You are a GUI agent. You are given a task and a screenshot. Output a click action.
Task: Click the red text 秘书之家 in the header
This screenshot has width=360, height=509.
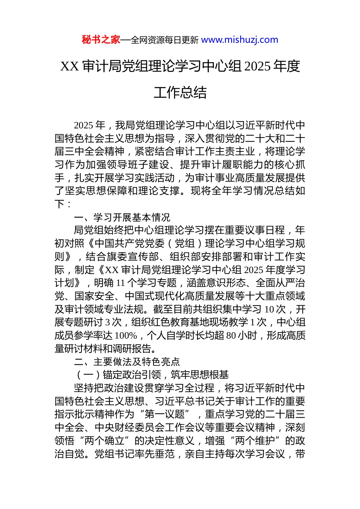click(101, 40)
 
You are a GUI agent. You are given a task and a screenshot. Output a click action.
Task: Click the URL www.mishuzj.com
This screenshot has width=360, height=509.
click(239, 40)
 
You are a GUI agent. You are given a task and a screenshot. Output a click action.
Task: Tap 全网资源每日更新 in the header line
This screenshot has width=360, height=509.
click(164, 40)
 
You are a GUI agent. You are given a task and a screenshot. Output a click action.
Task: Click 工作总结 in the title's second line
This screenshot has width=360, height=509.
click(180, 93)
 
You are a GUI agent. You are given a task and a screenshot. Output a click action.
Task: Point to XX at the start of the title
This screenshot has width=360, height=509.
click(69, 67)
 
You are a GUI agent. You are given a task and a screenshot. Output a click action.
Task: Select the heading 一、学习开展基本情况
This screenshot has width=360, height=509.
click(122, 217)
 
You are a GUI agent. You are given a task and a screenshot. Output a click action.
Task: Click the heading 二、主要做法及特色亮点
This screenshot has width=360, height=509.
click(127, 362)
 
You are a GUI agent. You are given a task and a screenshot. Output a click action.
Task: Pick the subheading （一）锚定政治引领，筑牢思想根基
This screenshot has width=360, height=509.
click(152, 375)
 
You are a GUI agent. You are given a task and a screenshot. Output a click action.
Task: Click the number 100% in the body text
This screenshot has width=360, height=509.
click(125, 336)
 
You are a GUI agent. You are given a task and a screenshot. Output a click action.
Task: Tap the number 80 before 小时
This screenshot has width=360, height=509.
click(231, 336)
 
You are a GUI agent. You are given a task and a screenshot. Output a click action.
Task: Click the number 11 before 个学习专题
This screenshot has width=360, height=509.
click(120, 283)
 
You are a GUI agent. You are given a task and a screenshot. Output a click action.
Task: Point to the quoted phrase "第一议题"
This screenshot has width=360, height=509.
click(165, 414)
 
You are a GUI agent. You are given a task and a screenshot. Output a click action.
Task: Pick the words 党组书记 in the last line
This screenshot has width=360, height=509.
click(114, 454)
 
